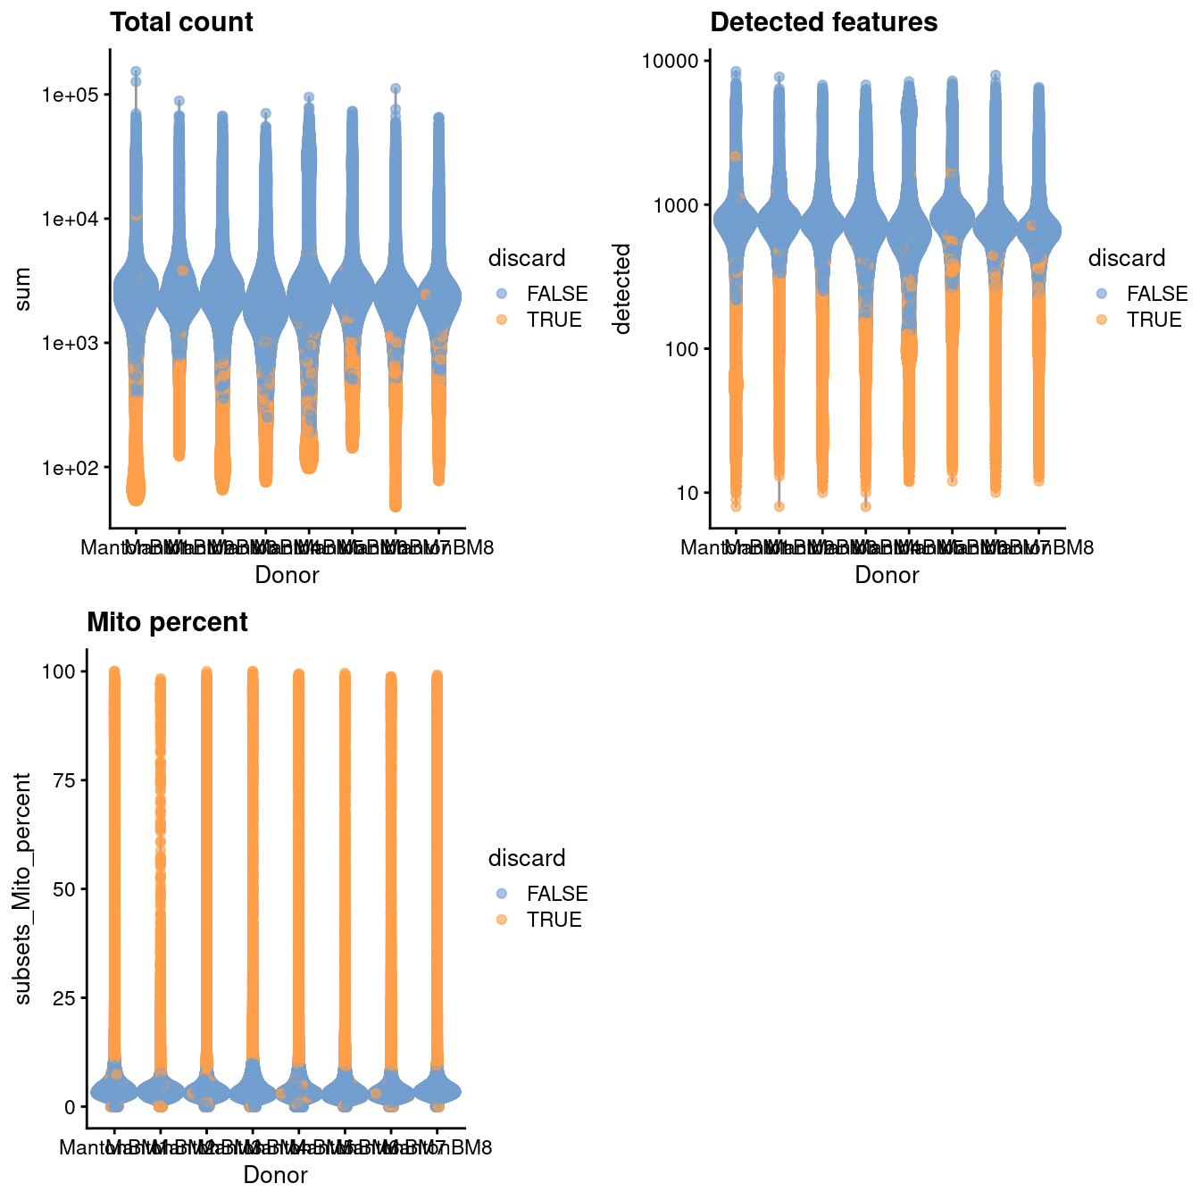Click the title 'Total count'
181,22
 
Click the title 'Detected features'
823,22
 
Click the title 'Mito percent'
167,622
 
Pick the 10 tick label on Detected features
687,493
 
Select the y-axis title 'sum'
24,289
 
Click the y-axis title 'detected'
622,289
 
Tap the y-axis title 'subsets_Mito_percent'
24,888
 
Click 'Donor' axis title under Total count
287,576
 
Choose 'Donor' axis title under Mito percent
275,1175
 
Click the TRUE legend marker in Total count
502,320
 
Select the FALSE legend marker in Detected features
1102,294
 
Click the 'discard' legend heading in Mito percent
526,858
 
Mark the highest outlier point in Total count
136,71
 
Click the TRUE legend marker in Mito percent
502,920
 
